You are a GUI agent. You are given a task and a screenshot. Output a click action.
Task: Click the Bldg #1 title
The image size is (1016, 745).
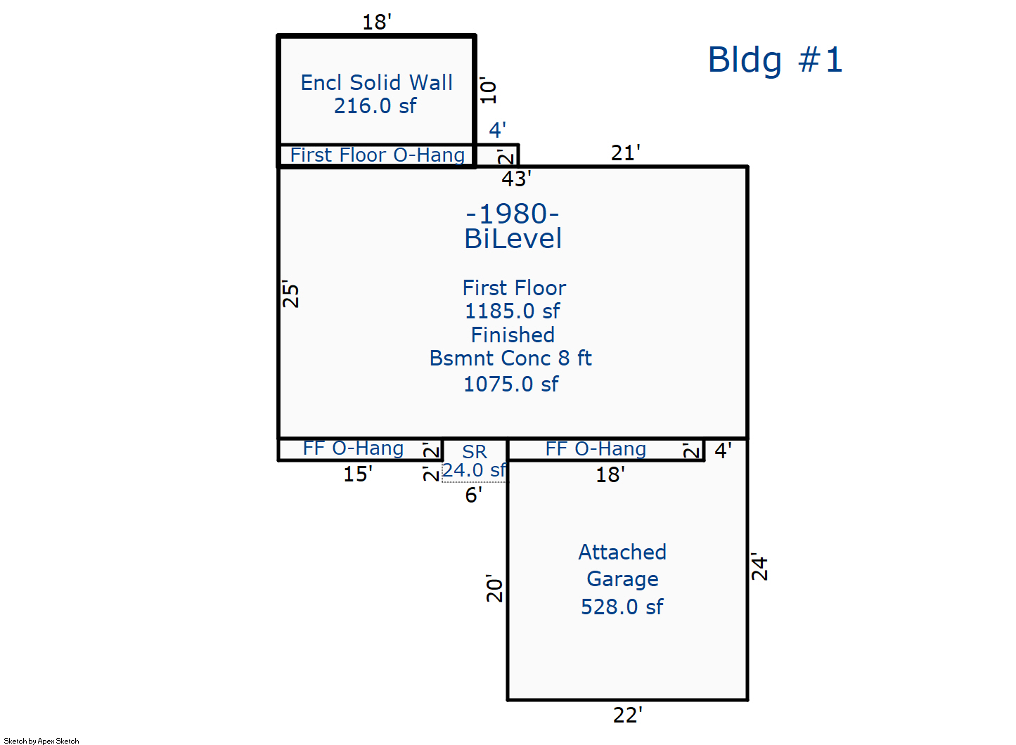[x=775, y=60]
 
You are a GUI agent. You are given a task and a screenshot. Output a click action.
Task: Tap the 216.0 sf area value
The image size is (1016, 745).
[x=375, y=106]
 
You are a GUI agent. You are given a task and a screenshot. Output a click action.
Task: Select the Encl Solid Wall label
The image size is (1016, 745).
[x=376, y=82]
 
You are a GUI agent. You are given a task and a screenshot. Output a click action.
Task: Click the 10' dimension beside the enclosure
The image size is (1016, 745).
[x=489, y=90]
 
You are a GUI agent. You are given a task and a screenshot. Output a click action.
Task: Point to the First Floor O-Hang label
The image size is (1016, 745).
[x=378, y=155]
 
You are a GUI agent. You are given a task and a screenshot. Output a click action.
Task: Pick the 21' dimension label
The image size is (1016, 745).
[x=626, y=153]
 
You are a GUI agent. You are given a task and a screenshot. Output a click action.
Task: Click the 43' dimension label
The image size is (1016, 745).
[x=516, y=179]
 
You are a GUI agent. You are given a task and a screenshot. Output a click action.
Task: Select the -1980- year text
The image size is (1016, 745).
[x=513, y=214]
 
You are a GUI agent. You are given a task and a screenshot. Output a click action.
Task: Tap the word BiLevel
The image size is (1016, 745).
[x=513, y=238]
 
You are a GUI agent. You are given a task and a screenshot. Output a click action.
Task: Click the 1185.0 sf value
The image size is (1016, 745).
[x=513, y=311]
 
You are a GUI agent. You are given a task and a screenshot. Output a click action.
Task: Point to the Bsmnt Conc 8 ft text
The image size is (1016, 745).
[x=510, y=358]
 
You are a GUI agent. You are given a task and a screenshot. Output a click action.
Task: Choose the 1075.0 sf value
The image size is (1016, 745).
[x=511, y=384]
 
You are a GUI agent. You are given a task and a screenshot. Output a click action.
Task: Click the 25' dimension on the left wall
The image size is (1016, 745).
[x=290, y=294]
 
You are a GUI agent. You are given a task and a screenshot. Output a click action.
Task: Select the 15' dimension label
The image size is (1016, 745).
[x=358, y=474]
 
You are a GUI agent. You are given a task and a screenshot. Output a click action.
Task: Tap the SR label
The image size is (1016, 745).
[x=475, y=452]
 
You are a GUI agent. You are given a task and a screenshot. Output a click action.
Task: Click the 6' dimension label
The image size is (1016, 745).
[x=473, y=495]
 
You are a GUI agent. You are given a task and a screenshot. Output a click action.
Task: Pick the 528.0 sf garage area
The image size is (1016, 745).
[x=622, y=607]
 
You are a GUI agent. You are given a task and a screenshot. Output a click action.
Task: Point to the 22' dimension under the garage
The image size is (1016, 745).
[x=628, y=715]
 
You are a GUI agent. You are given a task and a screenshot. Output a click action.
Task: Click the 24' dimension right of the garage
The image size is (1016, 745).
[x=760, y=566]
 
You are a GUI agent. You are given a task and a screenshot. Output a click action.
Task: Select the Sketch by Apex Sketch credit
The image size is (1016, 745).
[x=41, y=741]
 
